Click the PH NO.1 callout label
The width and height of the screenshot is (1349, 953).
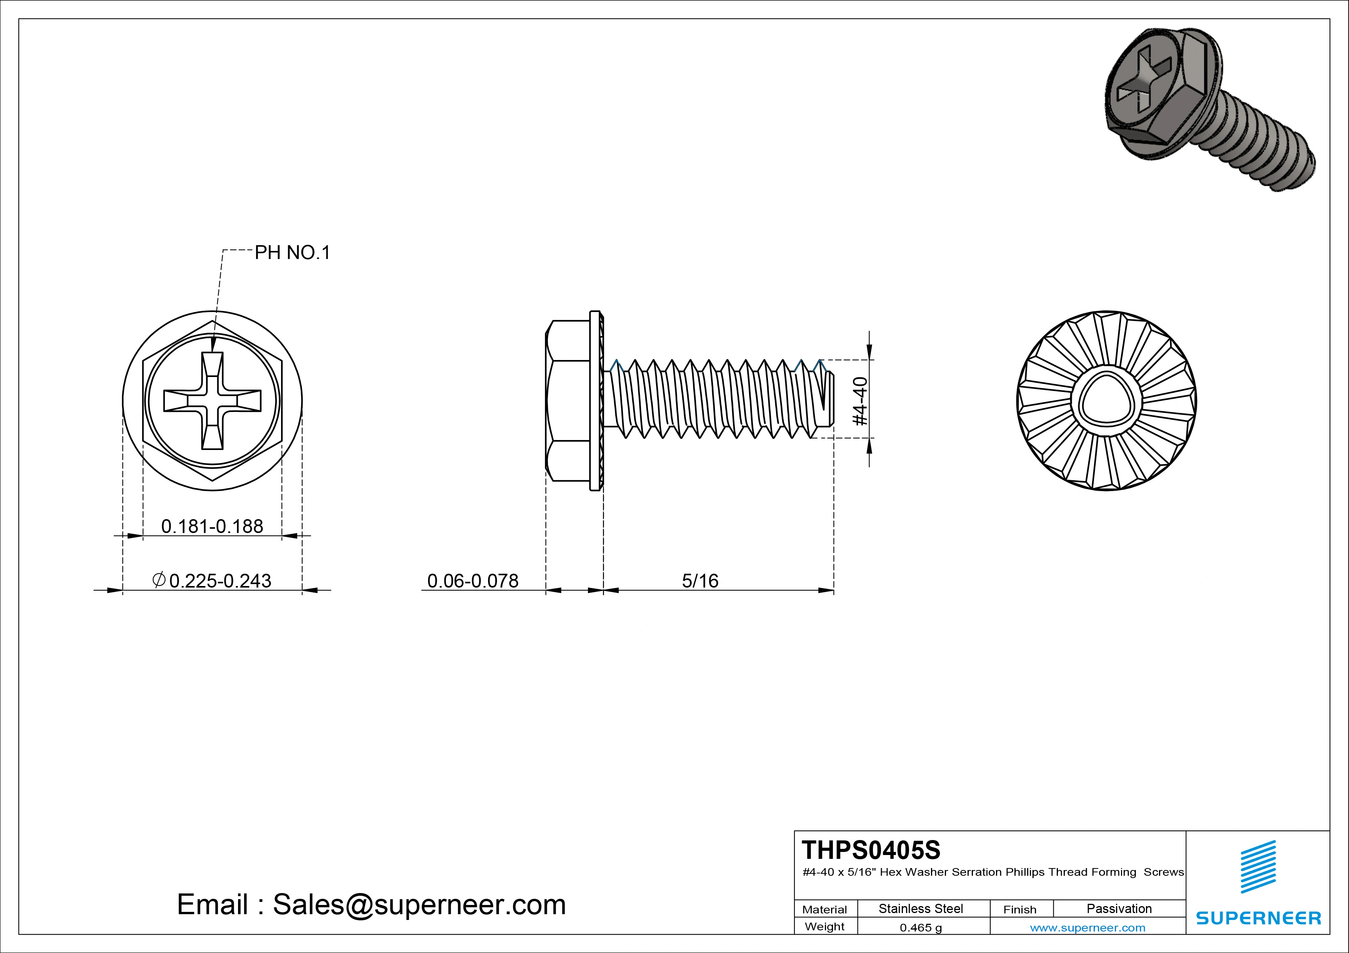click(292, 253)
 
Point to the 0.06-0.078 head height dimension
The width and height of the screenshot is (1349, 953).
click(472, 581)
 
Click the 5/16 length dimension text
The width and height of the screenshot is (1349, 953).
click(700, 581)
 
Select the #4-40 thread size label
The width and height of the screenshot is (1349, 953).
click(859, 401)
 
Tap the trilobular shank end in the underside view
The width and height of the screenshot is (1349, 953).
click(1106, 401)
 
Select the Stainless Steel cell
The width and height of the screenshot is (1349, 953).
click(921, 908)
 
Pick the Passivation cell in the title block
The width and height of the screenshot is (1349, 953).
click(1119, 908)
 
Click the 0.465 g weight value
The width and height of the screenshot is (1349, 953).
click(921, 928)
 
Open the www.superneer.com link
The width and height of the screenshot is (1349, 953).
click(1088, 928)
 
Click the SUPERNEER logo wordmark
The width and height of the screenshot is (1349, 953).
click(1258, 918)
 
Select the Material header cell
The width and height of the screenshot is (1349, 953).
click(824, 910)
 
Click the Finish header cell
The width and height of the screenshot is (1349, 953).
click(1019, 910)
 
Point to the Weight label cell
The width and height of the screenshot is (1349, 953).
click(824, 926)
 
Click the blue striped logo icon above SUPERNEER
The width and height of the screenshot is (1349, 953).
click(1258, 867)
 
